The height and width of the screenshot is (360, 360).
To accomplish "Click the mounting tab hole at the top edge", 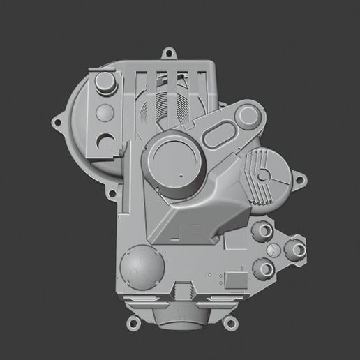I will pyautogui.click(x=167, y=52).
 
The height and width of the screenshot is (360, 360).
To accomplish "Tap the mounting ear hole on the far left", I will pyautogui.click(x=57, y=123).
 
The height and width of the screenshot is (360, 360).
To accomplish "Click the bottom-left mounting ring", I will pyautogui.click(x=133, y=322).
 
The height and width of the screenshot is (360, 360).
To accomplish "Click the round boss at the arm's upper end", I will pyautogui.click(x=250, y=112).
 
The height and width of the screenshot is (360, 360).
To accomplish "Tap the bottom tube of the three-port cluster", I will pyautogui.click(x=265, y=267).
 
